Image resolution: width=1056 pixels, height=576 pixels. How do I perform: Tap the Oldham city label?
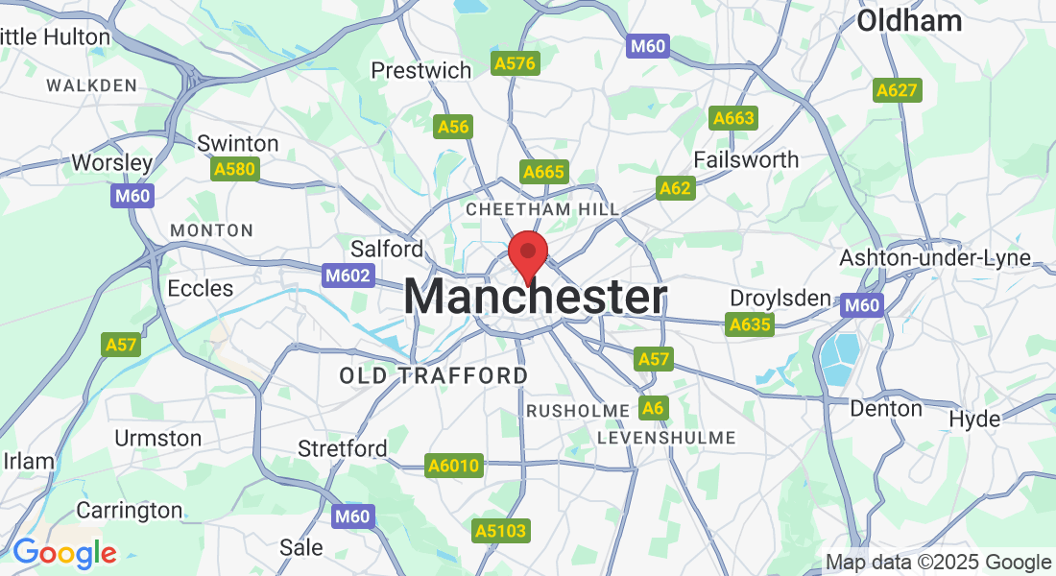pos(908,20)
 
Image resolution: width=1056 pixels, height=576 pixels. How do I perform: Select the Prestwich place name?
pos(421,70)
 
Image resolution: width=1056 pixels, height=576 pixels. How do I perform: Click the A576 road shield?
pos(516,63)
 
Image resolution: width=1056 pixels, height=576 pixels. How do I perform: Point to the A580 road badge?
pos(234,169)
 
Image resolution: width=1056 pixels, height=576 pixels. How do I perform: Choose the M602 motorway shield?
pos(345,275)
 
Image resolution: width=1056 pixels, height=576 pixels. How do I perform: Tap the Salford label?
pos(387,249)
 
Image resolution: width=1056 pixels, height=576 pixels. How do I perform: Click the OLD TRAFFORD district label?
pos(434,375)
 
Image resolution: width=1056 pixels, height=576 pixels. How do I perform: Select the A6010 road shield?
pos(453,466)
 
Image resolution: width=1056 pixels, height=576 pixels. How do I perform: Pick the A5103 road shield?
pos(501,530)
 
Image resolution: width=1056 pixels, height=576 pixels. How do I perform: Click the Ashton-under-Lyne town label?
pos(935,257)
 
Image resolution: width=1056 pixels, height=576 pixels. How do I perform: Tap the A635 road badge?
pos(750,324)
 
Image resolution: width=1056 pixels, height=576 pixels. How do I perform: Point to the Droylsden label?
pos(780,298)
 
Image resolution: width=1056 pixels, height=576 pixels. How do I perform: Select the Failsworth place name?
pos(746,159)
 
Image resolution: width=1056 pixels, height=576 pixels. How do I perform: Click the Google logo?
pos(64,554)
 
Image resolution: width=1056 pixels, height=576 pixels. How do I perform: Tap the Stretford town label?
pos(343,448)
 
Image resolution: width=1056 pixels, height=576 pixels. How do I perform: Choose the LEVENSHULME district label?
pos(666,438)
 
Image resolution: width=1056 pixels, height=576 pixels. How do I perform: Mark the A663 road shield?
pos(733,118)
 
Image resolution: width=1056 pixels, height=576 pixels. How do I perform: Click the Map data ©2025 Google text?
pos(938,563)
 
